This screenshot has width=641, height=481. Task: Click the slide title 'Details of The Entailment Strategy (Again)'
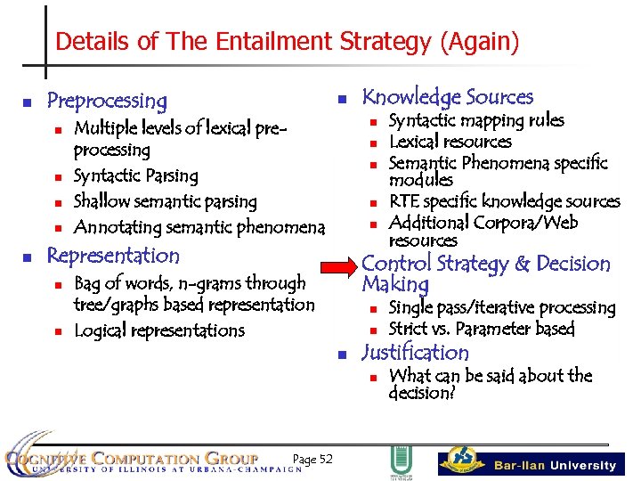(287, 41)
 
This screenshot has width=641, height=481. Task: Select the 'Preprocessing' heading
(106, 101)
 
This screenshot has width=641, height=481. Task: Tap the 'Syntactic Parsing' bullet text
(135, 176)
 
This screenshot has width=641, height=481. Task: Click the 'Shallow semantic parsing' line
(165, 201)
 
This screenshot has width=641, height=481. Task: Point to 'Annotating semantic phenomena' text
(199, 227)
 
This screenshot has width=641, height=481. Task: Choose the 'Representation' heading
(113, 256)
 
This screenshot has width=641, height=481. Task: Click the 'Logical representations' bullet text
(158, 330)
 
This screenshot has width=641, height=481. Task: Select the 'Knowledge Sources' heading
(447, 97)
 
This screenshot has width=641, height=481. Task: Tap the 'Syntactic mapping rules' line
(476, 120)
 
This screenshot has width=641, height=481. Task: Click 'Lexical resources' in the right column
(450, 142)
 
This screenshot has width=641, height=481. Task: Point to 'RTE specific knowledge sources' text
(504, 201)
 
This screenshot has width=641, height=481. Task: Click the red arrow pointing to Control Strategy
(339, 265)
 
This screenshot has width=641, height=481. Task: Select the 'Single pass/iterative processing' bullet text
(502, 307)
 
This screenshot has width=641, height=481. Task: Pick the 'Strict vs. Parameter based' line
(482, 329)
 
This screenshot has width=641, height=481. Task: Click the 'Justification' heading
(414, 353)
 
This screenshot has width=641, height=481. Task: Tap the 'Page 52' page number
(312, 459)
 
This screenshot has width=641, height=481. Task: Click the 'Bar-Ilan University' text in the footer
(555, 465)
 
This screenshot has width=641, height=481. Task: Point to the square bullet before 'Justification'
(342, 355)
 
